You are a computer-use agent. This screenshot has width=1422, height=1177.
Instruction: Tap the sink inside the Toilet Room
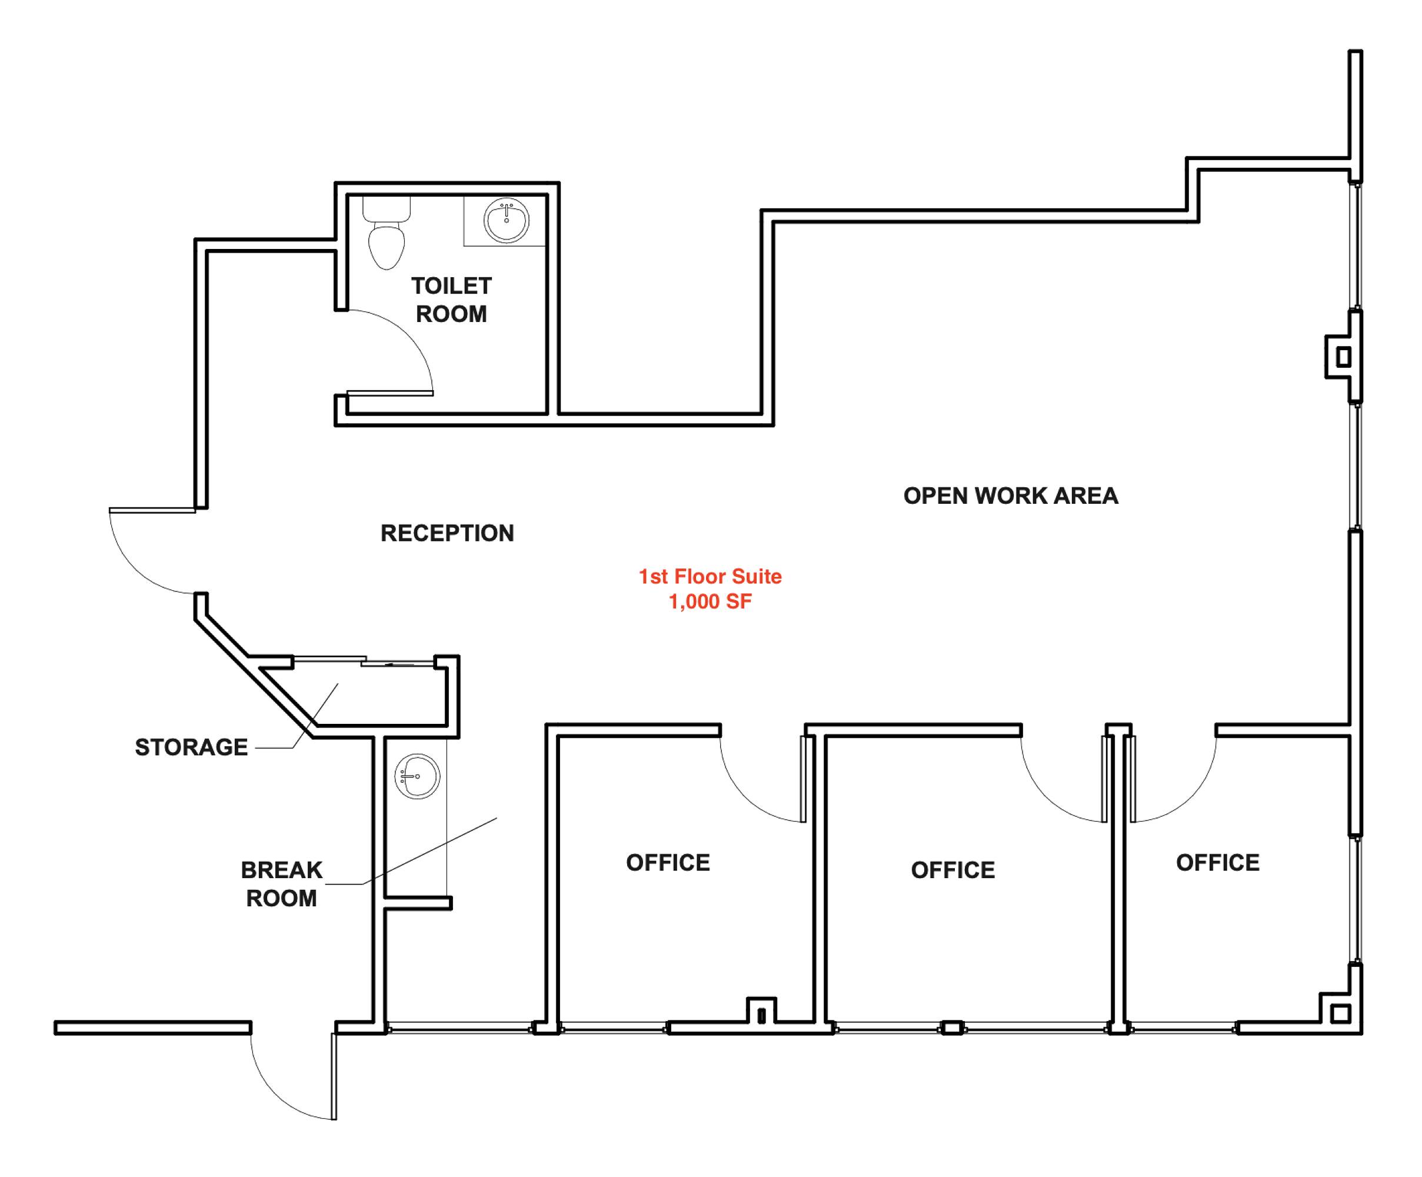click(507, 220)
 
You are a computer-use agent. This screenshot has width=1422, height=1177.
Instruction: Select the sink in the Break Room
click(418, 776)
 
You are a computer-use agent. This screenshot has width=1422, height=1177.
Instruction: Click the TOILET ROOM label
click(452, 300)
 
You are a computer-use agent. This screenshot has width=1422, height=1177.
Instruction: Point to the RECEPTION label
click(448, 534)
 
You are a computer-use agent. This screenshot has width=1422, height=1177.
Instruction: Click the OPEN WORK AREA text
click(1011, 496)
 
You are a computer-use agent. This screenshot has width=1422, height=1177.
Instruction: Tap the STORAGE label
click(192, 747)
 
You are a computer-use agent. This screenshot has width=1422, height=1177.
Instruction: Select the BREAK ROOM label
click(282, 884)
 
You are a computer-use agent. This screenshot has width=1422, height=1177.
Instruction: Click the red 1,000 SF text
click(710, 601)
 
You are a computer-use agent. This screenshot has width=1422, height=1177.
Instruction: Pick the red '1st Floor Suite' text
click(710, 576)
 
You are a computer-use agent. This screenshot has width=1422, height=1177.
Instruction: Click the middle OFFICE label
click(954, 870)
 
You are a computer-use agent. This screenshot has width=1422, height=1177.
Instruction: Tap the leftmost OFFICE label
click(668, 863)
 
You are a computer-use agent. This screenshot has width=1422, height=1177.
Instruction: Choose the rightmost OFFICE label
click(1218, 863)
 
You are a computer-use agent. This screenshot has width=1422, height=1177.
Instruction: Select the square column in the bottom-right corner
click(1340, 1015)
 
